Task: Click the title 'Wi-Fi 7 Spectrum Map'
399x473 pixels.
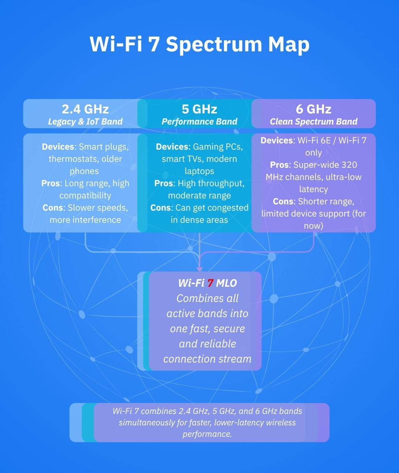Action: tap(199, 44)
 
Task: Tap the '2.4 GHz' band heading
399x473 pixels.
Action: tap(85, 109)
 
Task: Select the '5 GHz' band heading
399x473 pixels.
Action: tap(199, 109)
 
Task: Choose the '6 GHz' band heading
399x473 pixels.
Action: tap(313, 109)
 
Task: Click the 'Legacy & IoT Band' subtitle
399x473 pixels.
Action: tap(85, 122)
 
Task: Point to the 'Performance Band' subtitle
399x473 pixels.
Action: tap(199, 122)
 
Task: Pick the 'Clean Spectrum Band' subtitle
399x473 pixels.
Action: tap(313, 122)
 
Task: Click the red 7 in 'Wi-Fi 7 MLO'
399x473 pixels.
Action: tap(210, 283)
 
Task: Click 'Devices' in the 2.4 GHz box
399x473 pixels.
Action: tap(58, 147)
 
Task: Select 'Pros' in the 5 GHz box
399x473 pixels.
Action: tap(164, 183)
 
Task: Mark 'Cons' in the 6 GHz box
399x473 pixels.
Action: tap(283, 201)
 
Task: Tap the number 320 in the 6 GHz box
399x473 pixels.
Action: tap(349, 165)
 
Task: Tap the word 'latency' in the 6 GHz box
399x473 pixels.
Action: tap(313, 189)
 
